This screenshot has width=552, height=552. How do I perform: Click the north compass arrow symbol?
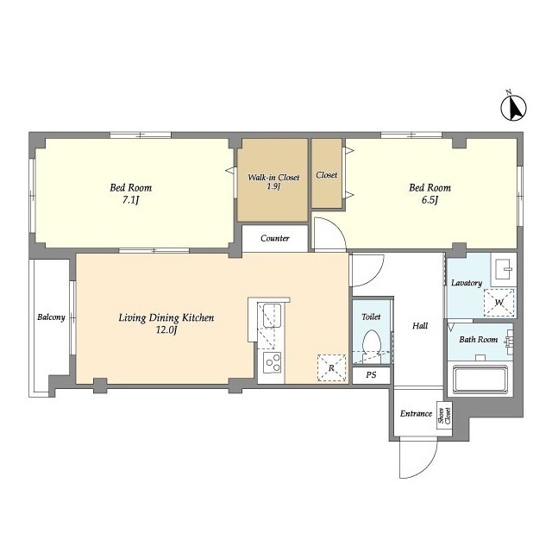[514, 107]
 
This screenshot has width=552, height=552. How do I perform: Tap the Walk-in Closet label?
[273, 178]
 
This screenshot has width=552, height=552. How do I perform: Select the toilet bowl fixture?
[372, 346]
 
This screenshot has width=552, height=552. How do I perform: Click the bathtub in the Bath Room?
[480, 379]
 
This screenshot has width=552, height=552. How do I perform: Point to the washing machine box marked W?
[499, 303]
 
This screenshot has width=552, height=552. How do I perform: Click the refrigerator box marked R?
[331, 368]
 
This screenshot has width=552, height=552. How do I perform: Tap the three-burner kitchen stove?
[273, 362]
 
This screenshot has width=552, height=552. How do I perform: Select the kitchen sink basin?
[273, 316]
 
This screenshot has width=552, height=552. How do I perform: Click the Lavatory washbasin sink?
[504, 269]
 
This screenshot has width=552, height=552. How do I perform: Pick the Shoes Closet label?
[444, 416]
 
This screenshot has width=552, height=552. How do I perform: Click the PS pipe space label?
[371, 375]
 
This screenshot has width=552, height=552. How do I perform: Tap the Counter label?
[275, 238]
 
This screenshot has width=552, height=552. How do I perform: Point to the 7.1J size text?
[130, 200]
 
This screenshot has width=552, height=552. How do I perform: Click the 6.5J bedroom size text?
[430, 200]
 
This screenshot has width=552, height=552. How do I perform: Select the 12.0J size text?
[166, 330]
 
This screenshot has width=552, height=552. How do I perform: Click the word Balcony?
[52, 317]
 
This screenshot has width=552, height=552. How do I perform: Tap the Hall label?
[420, 326]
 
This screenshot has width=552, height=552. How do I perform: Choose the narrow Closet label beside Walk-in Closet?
[326, 175]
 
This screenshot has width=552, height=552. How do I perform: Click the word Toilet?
[371, 317]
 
